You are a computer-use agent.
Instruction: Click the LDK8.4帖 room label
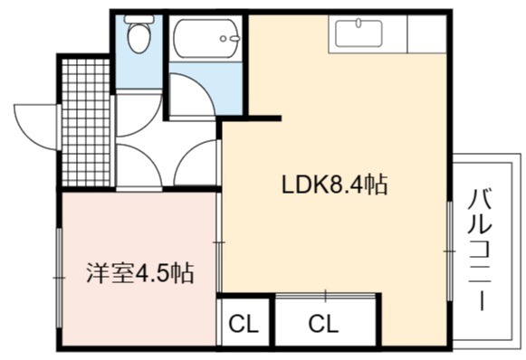(334, 185)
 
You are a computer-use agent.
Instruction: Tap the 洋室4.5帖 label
(140, 273)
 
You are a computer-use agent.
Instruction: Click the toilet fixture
(139, 33)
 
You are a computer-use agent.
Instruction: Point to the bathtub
(206, 38)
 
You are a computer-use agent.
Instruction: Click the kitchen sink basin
(359, 33)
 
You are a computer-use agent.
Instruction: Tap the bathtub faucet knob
(223, 39)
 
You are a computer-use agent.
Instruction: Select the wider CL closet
(324, 322)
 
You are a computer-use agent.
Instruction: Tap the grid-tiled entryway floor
(86, 123)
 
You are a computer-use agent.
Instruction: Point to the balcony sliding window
(450, 251)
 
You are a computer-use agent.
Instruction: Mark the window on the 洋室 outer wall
(59, 278)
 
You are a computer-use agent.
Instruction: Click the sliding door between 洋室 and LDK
(219, 242)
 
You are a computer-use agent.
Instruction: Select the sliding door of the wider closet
(325, 296)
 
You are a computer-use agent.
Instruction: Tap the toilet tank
(139, 19)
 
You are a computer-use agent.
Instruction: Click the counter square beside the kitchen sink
(426, 33)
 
